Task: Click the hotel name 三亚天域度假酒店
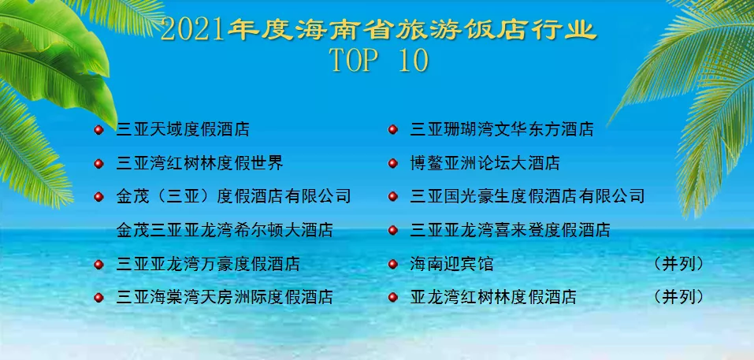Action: (x=183, y=130)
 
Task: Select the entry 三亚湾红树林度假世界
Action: (x=199, y=164)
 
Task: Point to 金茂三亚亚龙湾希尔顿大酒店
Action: (x=225, y=231)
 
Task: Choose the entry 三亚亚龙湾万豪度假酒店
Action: (x=208, y=265)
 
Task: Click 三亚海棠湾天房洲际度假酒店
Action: (x=225, y=298)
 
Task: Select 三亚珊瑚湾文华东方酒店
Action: (x=502, y=130)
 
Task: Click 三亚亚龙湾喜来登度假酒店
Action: (x=511, y=231)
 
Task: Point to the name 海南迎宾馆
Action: (x=451, y=265)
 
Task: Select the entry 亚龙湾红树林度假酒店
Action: (x=493, y=298)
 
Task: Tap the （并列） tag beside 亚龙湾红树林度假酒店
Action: (x=678, y=298)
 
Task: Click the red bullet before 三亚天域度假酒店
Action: (x=98, y=130)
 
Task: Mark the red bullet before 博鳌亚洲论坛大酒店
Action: (x=392, y=164)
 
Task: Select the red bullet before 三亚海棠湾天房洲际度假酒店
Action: (x=98, y=298)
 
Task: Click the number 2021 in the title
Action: (x=192, y=32)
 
